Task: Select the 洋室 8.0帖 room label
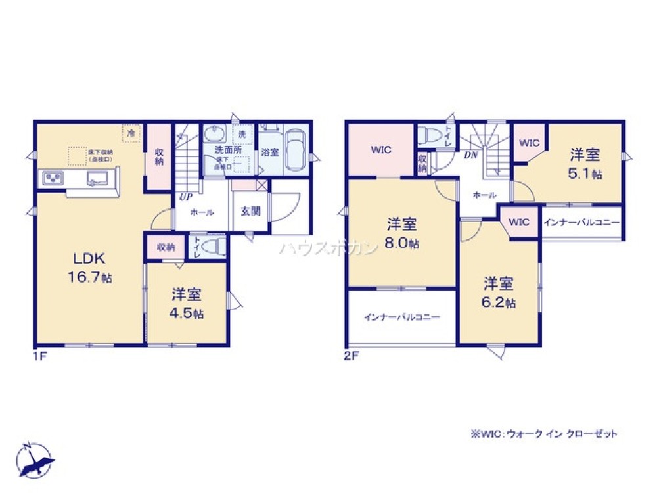pos(402,233)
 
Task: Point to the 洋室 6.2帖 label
pos(499,293)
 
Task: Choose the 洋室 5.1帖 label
pos(584,164)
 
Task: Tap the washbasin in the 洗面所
pos(214,135)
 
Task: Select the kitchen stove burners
pos(53,177)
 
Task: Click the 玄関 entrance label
pos(250,211)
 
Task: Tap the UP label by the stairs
pos(185,197)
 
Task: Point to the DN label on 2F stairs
pos(470,155)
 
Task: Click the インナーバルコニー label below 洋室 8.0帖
pos(401,317)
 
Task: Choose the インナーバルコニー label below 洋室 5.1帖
pos(581,223)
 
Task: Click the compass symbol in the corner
pos(36,458)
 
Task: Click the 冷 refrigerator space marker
pos(131,133)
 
